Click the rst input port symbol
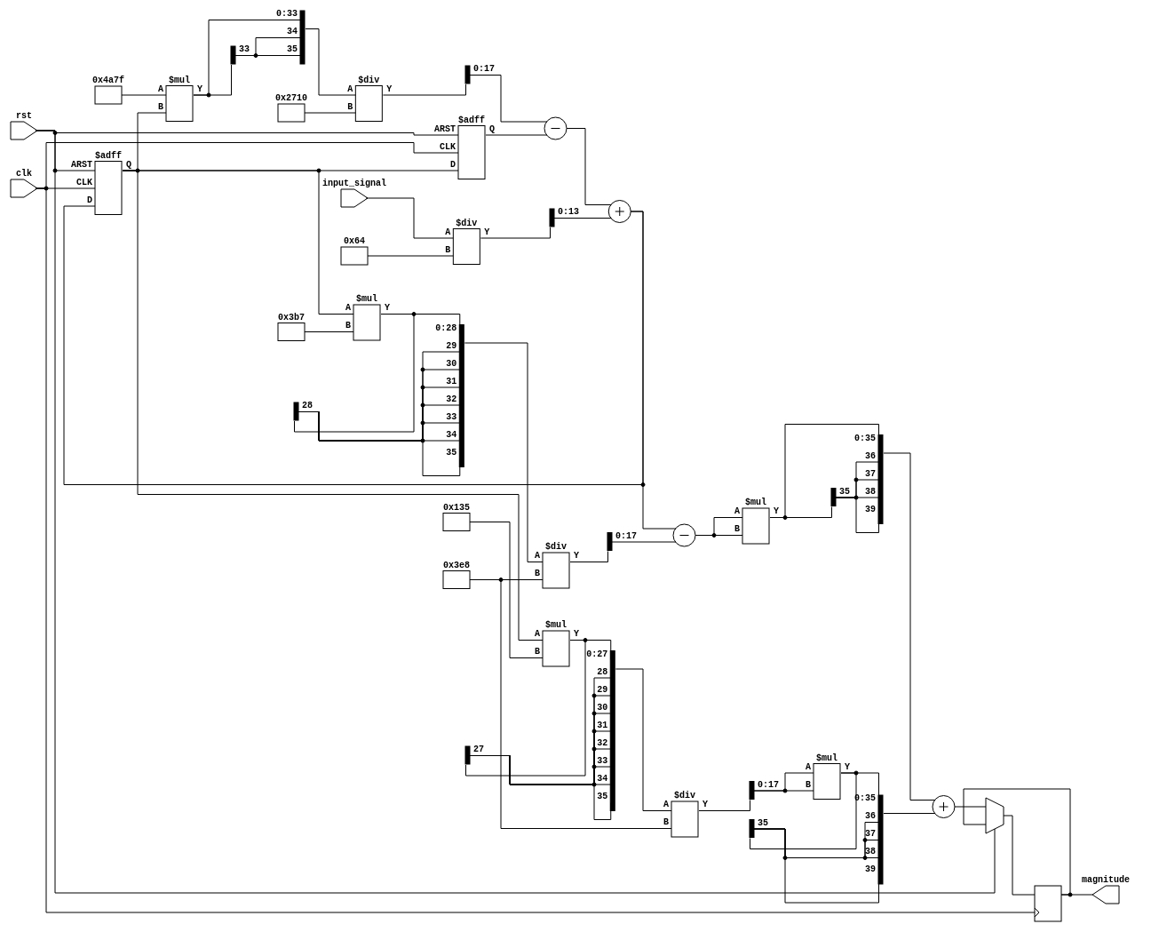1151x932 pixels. (x=23, y=131)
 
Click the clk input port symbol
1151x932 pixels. (x=23, y=188)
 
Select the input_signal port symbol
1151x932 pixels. (x=353, y=198)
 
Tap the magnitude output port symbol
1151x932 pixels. (x=1106, y=895)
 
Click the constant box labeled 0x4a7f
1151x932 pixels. (x=108, y=95)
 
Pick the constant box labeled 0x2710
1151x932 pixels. (x=291, y=113)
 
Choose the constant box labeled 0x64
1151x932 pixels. (x=354, y=256)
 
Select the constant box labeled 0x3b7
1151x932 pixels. (x=291, y=331)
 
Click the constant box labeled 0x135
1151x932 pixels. (x=456, y=522)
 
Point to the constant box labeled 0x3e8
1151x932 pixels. (x=456, y=579)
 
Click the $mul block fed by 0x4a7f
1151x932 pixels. (x=179, y=103)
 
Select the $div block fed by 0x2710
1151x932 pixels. (x=369, y=103)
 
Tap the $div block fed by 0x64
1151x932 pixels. (x=466, y=246)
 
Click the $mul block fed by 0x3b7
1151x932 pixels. (x=367, y=323)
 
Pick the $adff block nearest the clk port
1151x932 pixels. (x=108, y=187)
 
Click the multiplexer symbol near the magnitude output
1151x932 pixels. (x=994, y=816)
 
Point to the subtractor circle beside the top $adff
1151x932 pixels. (x=555, y=129)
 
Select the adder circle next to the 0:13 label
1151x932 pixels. (x=619, y=211)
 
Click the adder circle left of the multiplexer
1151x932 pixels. (x=943, y=807)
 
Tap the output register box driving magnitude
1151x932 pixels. (x=1048, y=904)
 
